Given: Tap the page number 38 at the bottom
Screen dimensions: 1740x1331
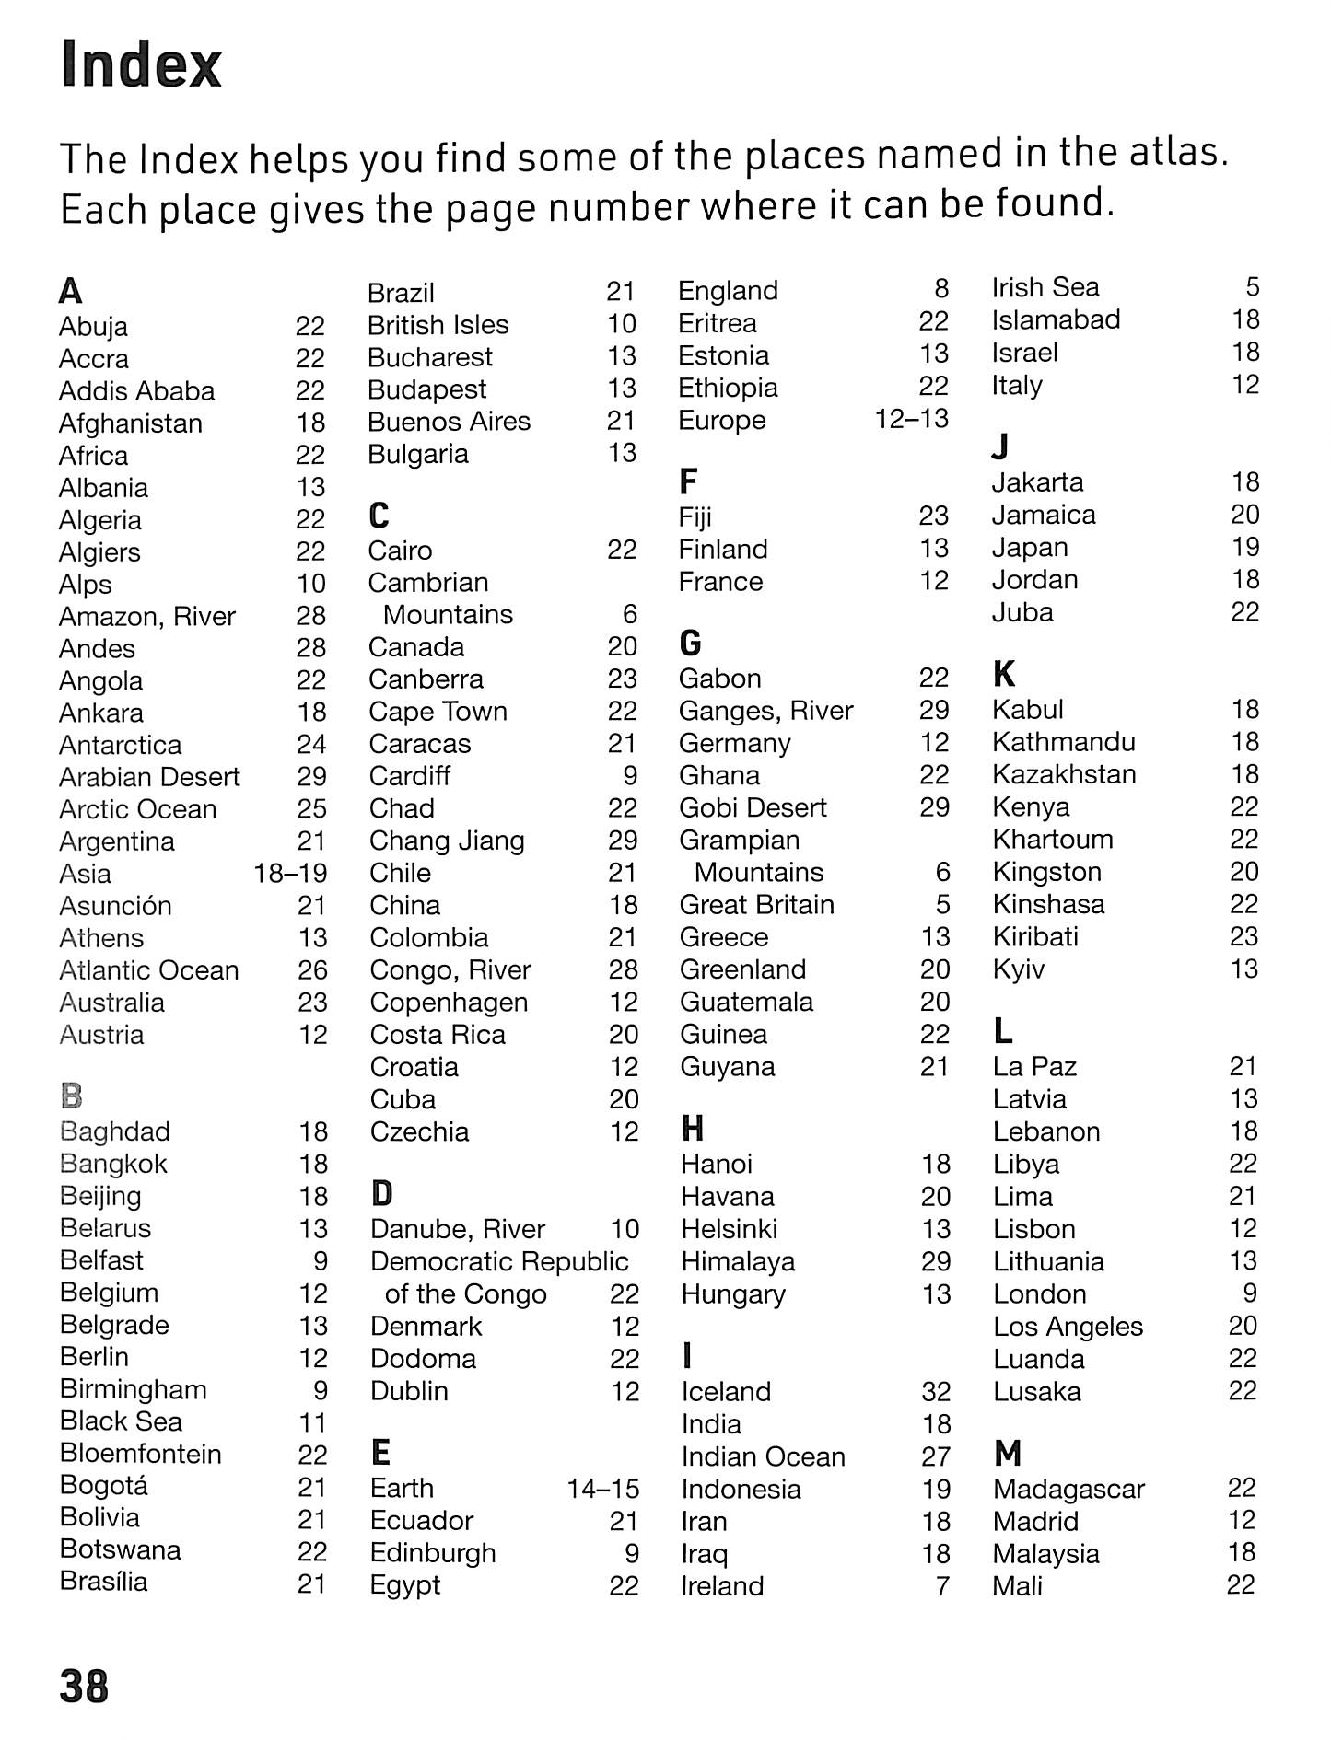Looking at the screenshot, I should pos(84,1686).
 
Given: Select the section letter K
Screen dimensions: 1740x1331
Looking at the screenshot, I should pos(1004,674).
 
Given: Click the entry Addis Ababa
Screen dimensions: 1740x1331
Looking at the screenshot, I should pos(136,391).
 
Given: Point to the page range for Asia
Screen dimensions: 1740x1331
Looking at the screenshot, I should pos(290,873).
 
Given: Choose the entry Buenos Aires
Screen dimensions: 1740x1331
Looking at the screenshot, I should pos(449,422).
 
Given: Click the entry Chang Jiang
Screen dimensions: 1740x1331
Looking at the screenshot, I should pos(447,841).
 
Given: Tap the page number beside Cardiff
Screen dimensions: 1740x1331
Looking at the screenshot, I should pos(630,775).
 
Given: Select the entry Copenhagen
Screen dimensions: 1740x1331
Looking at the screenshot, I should pos(449,1002).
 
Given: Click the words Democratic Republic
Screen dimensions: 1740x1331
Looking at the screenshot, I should pos(499,1261).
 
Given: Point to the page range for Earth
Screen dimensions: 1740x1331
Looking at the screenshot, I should pos(602,1488).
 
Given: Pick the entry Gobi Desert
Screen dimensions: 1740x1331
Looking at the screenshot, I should pos(753,807).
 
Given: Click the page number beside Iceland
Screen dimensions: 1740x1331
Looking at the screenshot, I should pos(936,1391).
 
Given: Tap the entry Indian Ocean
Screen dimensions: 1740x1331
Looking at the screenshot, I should pos(763,1456).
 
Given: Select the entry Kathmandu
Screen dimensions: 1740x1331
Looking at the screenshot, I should pos(1064,742).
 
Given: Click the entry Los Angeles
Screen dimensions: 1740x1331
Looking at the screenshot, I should pos(1068,1327).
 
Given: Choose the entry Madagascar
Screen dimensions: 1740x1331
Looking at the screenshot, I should pos(1068,1489).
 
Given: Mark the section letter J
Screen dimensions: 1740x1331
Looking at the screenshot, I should pos(1000,447).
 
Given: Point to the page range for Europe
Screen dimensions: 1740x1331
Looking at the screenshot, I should pos(911,419).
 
